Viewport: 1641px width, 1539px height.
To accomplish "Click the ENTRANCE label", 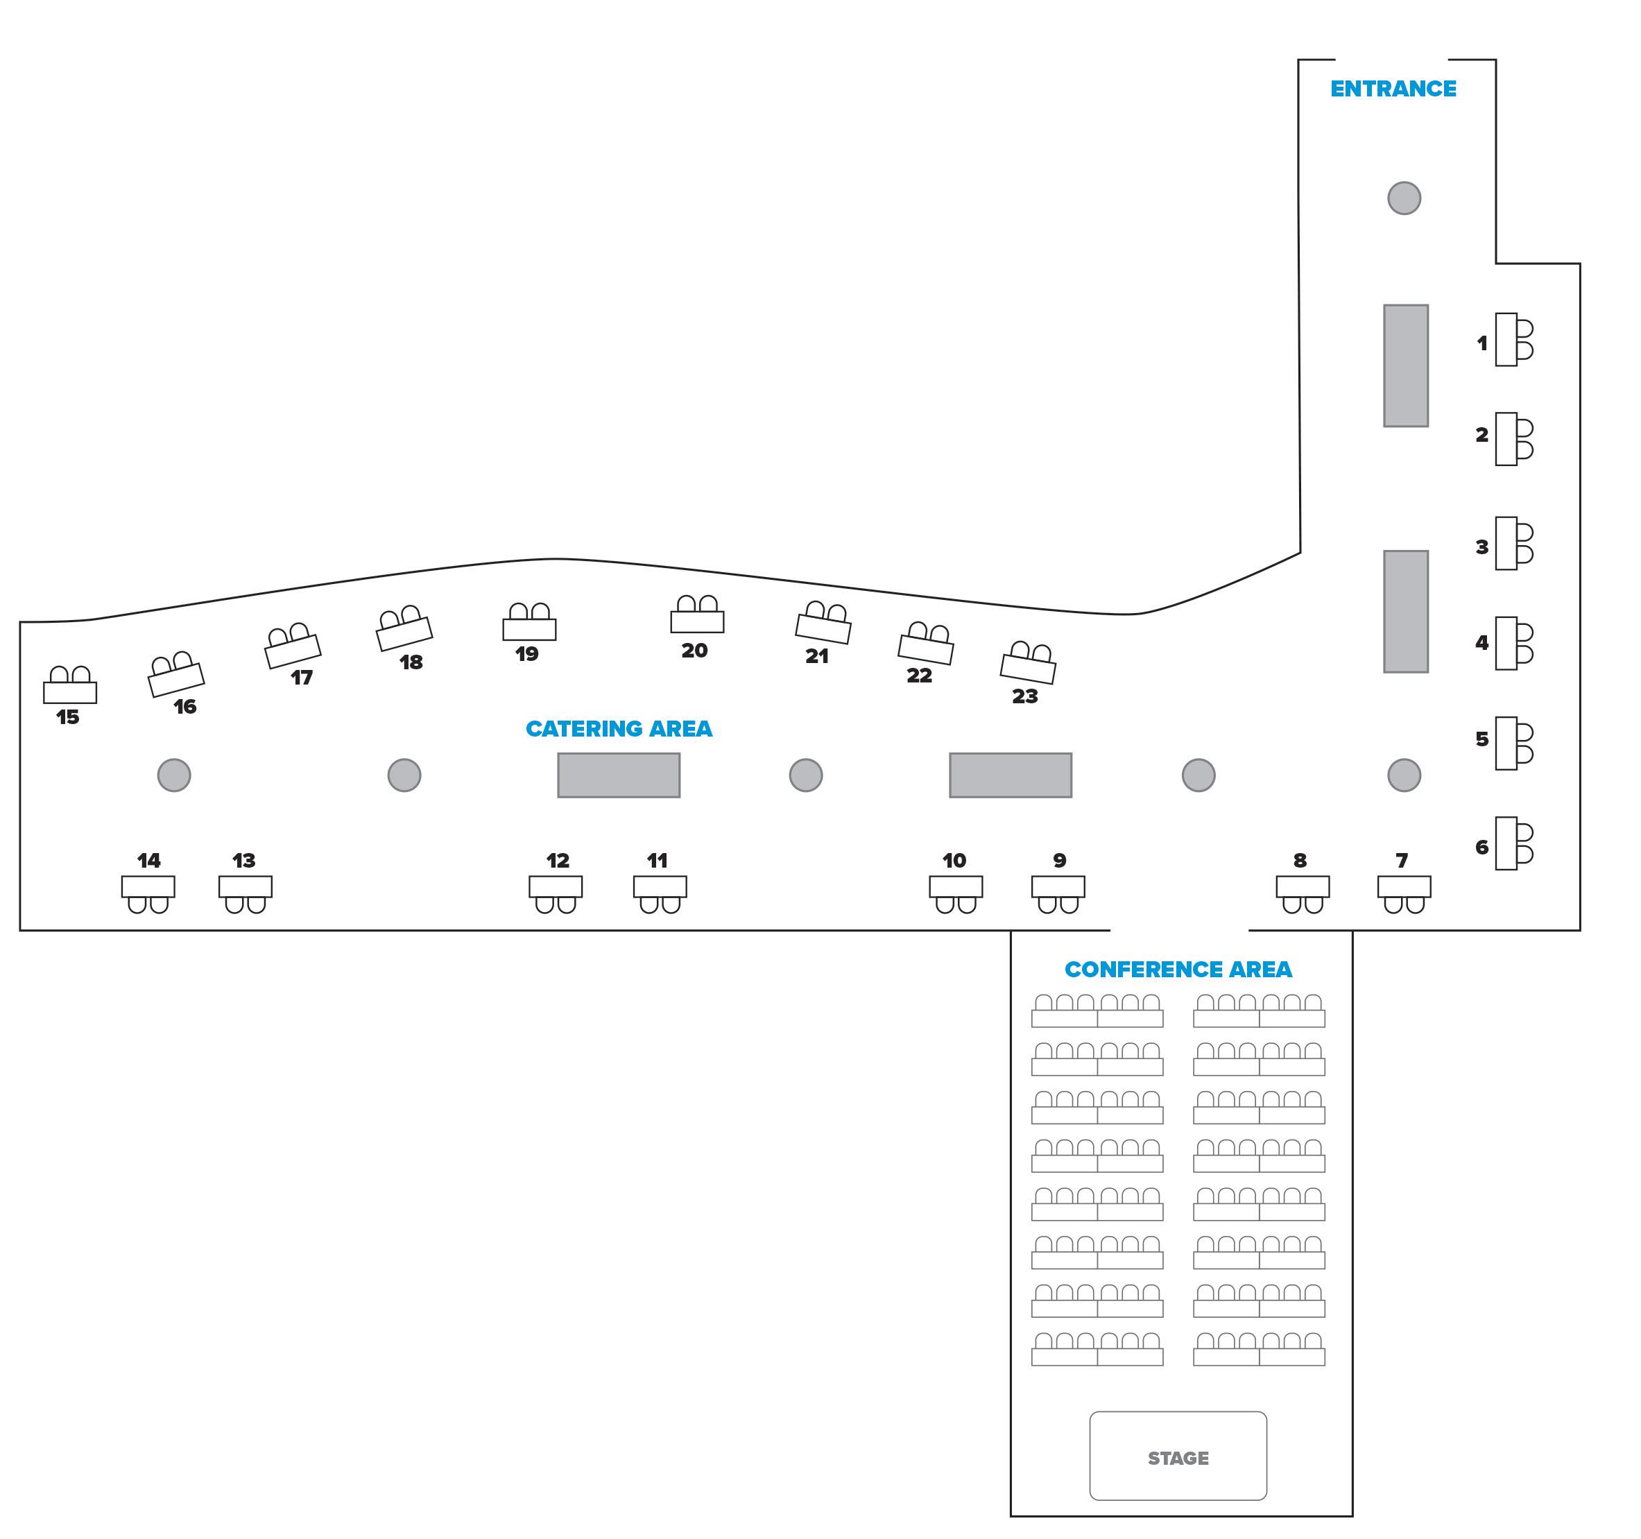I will tap(1393, 89).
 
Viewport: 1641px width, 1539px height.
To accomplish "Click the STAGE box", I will tap(1178, 1457).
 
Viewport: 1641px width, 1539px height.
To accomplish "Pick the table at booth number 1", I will tap(1506, 339).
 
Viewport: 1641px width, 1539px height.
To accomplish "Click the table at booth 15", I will tap(70, 692).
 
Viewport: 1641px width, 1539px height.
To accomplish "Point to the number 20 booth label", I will tap(694, 651).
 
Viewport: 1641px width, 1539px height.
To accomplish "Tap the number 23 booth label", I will tap(1024, 696).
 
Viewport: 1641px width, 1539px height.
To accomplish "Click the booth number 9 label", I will tap(1059, 860).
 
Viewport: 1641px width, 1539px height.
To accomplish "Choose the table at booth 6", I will tap(1506, 843).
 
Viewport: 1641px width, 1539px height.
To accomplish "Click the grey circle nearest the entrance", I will tap(1403, 198).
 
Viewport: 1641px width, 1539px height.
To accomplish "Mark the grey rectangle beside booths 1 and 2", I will tap(1405, 366).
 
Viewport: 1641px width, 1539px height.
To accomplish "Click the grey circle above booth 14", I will tap(174, 775).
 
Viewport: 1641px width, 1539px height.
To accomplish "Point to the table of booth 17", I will tap(293, 651).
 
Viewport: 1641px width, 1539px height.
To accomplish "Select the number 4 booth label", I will tap(1481, 642).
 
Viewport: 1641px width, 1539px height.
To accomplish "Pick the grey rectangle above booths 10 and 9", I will tap(1010, 775).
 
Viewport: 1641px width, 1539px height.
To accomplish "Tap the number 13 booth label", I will tap(243, 860).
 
